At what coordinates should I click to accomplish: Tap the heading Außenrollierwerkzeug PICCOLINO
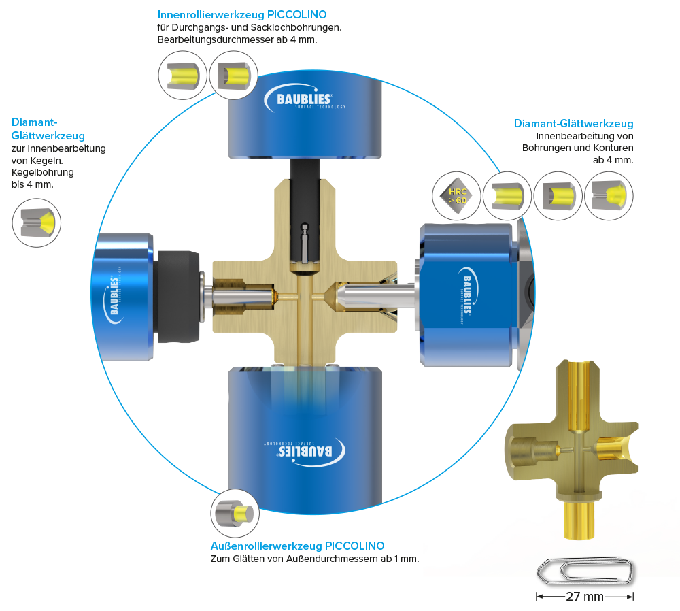298,546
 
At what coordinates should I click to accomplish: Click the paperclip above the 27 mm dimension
585,570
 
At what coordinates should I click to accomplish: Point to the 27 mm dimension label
585,597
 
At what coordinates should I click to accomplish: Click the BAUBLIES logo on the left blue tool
115,293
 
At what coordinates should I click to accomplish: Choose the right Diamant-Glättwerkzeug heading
574,124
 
